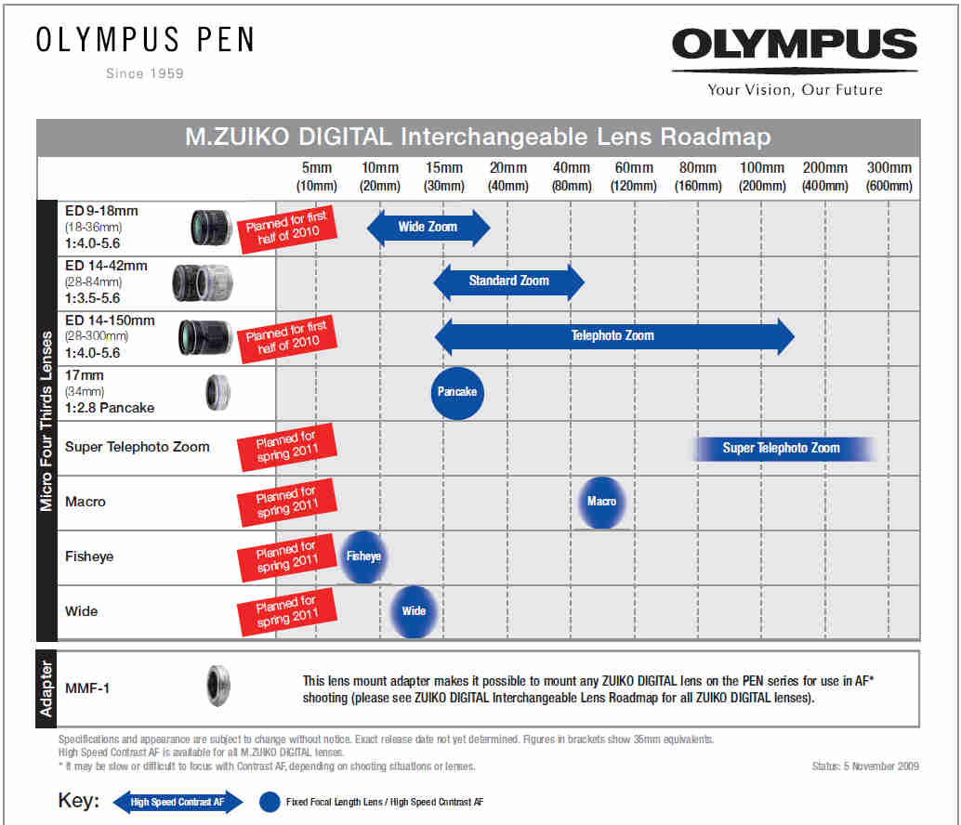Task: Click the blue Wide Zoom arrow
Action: pos(428,228)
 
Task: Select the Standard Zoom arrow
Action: pos(508,281)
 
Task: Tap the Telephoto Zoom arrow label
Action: pos(612,335)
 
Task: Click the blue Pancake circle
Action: pos(457,392)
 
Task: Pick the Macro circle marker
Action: pos(601,502)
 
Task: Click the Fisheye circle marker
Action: pos(363,557)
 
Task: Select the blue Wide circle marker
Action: pos(414,611)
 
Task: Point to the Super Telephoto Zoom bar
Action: pos(782,448)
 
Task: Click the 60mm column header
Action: pos(634,177)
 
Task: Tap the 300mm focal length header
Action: pos(889,177)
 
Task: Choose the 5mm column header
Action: pos(316,177)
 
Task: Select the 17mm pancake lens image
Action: pos(217,392)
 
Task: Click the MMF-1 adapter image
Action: pos(217,688)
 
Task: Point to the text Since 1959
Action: pos(144,73)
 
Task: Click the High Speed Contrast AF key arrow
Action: pos(177,802)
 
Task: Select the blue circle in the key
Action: pos(270,802)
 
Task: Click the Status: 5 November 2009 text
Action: pos(864,766)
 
